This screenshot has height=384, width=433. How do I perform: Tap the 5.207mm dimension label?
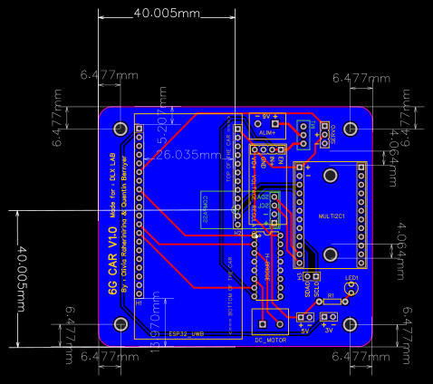162,128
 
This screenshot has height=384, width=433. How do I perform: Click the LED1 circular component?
351,289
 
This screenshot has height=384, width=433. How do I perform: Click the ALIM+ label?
266,132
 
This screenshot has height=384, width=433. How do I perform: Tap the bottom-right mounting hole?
351,324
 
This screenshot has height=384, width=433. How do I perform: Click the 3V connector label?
329,331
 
